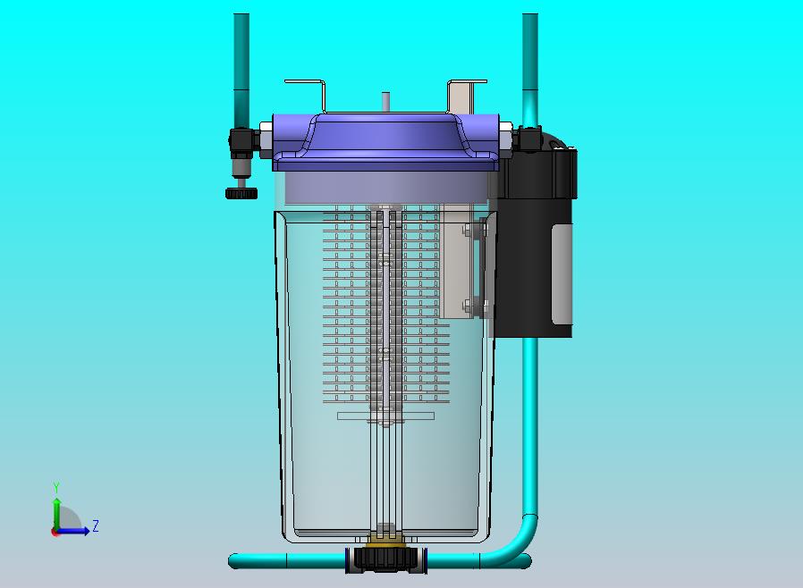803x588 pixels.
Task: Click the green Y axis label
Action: (56, 487)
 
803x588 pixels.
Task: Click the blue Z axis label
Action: (96, 525)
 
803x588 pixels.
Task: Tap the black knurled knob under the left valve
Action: (241, 193)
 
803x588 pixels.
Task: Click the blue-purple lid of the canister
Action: (385, 142)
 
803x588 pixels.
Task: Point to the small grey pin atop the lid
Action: (385, 101)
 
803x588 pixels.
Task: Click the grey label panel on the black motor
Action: (562, 274)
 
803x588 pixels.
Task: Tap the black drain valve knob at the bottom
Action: (386, 559)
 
